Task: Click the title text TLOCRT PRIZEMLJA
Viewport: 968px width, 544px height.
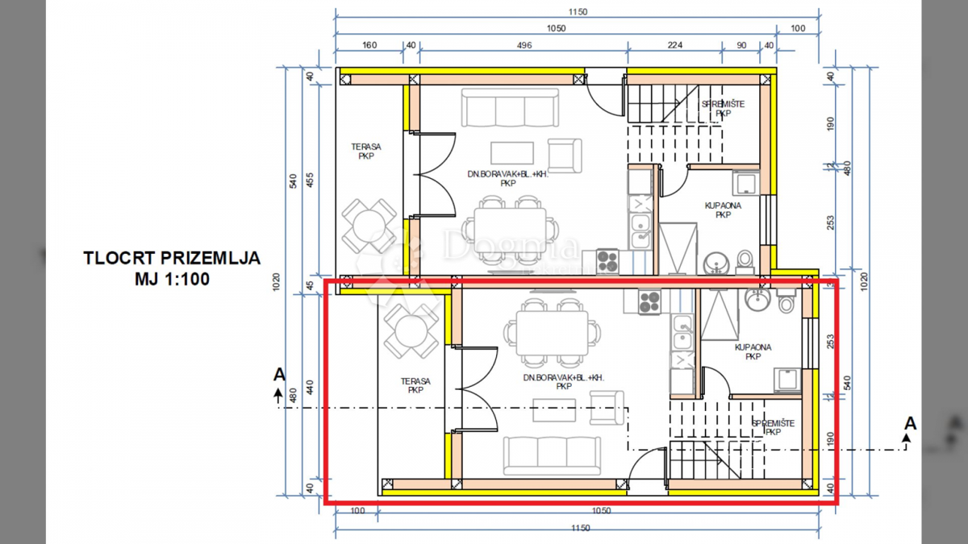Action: tap(172, 259)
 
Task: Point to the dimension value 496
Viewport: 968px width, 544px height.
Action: tap(524, 46)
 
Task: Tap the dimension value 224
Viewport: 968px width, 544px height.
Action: tap(674, 46)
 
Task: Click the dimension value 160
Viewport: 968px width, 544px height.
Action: tap(369, 46)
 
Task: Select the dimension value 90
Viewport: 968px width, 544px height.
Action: tap(741, 46)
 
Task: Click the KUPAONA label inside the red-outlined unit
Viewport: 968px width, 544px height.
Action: tap(752, 351)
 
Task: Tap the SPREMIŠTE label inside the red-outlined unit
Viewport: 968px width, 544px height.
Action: tap(773, 427)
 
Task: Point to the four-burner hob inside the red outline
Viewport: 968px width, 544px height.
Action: tap(650, 302)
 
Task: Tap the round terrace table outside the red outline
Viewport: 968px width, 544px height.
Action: tap(369, 226)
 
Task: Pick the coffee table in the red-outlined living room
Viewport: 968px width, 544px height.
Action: tap(553, 411)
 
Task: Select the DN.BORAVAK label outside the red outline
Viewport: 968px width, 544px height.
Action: tap(507, 178)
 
